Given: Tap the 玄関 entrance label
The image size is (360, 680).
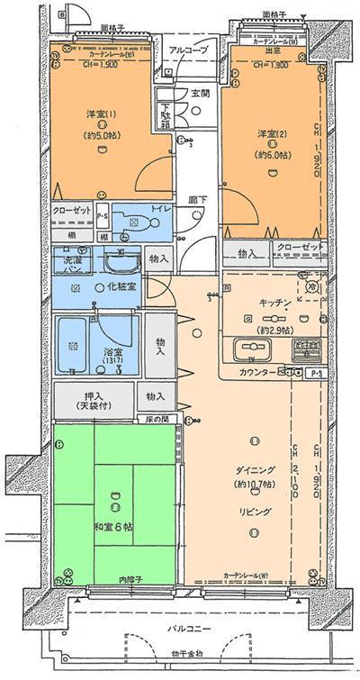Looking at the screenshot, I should tap(200, 93).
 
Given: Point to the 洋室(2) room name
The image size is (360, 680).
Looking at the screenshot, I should tap(268, 134).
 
